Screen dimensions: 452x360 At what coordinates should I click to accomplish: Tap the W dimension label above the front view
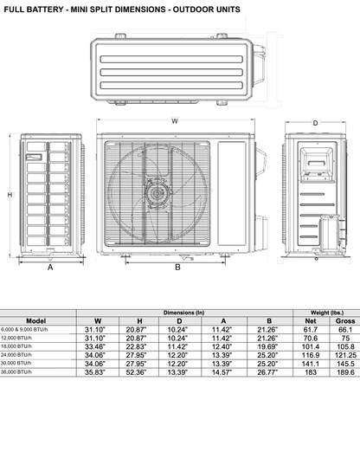coord(174,119)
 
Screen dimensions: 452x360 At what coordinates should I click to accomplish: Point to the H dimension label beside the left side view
coord(10,196)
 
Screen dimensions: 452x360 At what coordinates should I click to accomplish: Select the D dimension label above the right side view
coord(315,123)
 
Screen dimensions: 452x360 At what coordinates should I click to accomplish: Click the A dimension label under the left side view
coord(49,268)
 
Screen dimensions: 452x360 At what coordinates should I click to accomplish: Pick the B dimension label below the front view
coord(177,268)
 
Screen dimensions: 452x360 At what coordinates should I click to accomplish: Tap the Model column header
coord(35,320)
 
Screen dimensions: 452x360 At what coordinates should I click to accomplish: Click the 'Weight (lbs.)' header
coord(326,312)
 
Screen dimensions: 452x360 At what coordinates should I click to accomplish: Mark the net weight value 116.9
coord(310,355)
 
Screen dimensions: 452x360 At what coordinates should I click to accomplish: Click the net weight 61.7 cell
coord(310,330)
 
